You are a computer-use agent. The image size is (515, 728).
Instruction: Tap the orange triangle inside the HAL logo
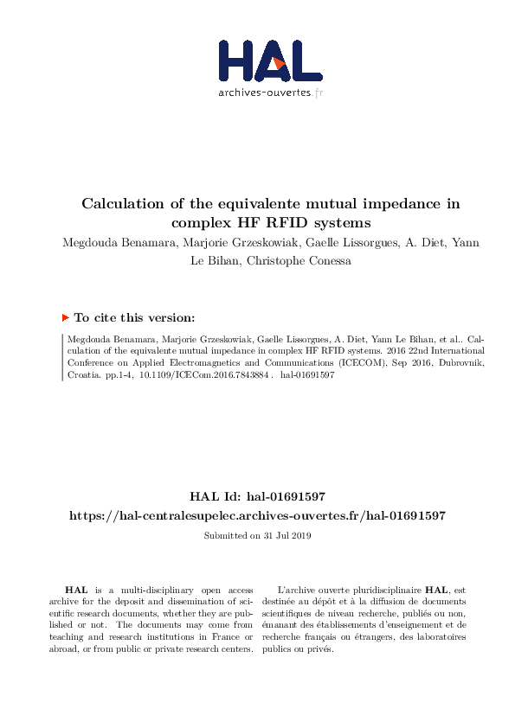[278, 63]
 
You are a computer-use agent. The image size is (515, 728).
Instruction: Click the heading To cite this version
[135, 317]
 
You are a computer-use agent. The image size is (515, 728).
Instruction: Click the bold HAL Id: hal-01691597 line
[257, 496]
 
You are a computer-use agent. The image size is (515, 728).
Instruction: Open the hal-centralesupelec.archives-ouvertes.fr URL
[257, 515]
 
